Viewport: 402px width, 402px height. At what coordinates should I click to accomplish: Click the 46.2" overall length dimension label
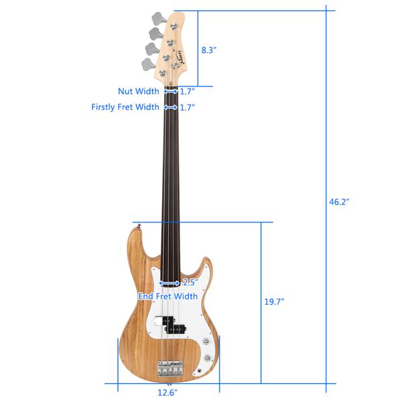coord(339,202)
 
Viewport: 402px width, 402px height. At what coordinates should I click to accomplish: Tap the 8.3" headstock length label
coord(208,50)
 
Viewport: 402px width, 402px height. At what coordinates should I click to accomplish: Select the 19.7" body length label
coord(274,301)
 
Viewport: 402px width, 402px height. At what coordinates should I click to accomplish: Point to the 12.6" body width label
coord(167,392)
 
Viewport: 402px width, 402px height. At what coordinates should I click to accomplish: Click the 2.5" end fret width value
coord(190,283)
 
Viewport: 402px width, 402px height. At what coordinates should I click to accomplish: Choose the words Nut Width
coord(139,91)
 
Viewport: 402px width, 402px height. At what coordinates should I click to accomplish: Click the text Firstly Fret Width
coord(125,107)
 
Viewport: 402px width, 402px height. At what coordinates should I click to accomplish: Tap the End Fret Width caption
coord(168,296)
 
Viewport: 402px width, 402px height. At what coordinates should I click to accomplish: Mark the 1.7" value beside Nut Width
coord(187,92)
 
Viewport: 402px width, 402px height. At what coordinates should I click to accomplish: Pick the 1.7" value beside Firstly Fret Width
coord(187,107)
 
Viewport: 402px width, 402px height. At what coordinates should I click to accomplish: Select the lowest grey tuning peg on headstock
coord(149,64)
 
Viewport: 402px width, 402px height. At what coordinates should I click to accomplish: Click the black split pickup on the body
coord(172,324)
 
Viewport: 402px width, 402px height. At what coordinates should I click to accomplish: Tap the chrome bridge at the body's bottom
coord(170,368)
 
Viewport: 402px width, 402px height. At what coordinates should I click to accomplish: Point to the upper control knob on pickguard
coord(206,341)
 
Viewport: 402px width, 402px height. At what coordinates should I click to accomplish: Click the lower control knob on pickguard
coord(208,357)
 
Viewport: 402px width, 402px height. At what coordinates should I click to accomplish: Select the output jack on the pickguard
coord(200,371)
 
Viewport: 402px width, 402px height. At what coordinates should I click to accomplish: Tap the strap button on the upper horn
coord(139,226)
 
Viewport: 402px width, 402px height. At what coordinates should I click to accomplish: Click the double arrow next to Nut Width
coord(171,91)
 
